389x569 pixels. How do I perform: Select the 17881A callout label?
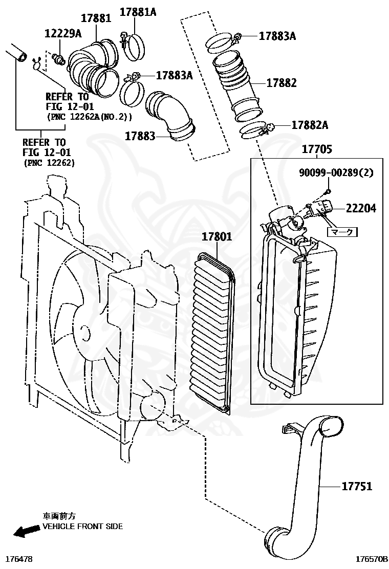138,12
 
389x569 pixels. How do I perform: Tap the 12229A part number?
62,34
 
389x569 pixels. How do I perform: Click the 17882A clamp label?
310,125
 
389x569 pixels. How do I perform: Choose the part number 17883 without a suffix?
140,136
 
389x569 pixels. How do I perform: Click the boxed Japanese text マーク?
342,231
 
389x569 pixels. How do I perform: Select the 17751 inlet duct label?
357,486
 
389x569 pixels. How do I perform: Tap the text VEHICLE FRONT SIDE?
82,526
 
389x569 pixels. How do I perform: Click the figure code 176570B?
371,560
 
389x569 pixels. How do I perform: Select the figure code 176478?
18,560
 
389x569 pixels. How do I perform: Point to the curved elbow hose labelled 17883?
169,113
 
